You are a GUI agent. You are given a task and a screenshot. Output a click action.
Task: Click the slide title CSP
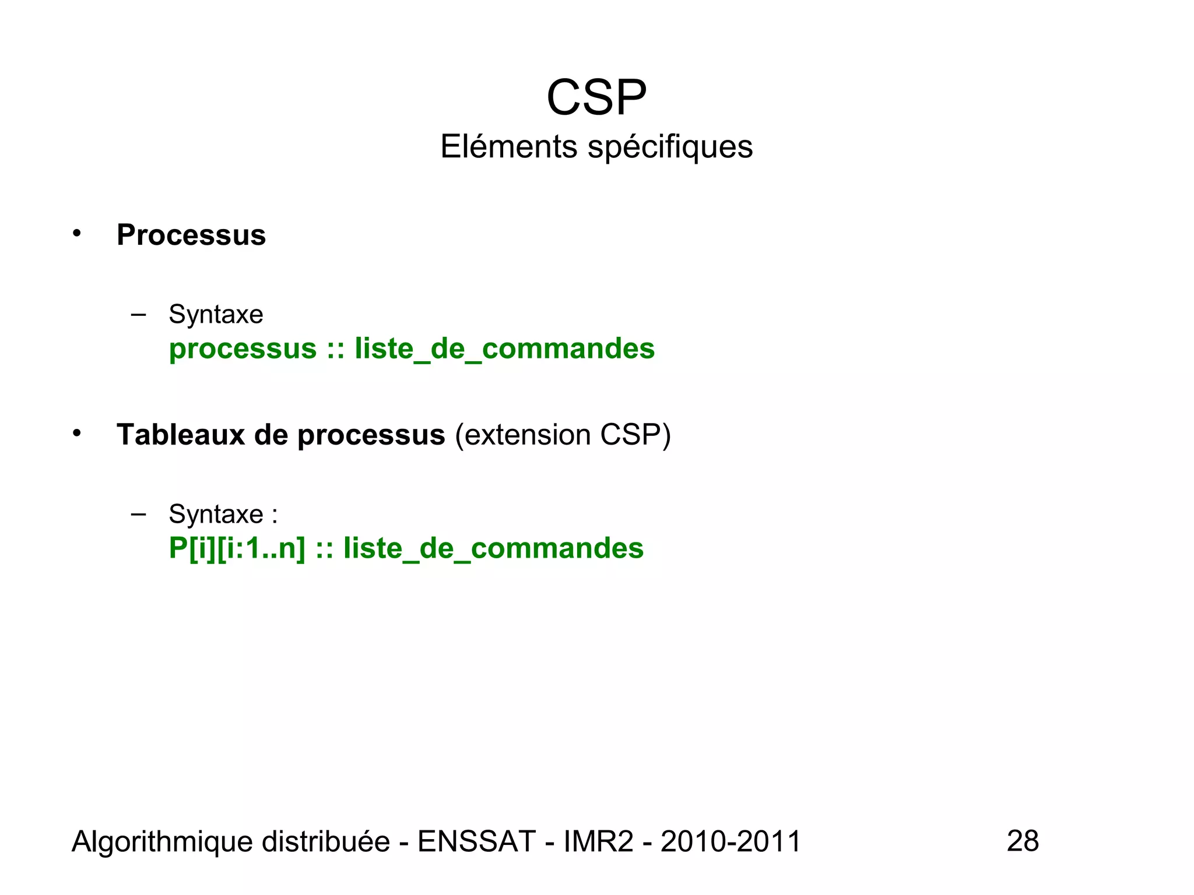(596, 97)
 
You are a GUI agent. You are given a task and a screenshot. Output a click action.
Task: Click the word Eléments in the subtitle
(508, 146)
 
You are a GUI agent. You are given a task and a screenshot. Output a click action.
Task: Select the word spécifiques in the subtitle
(670, 147)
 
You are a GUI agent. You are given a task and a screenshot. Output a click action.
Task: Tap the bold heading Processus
(191, 235)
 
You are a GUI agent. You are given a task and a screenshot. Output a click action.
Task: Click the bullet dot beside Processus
(77, 234)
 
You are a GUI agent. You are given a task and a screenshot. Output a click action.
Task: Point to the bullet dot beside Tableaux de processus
(77, 434)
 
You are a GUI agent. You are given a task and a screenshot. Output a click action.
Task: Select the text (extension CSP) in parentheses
(563, 435)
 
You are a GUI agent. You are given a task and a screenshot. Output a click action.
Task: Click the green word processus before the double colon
(243, 349)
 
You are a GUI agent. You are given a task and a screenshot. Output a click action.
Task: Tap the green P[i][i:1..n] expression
(237, 548)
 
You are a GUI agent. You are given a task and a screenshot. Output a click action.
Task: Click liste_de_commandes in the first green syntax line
(504, 349)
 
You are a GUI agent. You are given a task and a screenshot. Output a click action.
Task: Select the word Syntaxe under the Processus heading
(216, 315)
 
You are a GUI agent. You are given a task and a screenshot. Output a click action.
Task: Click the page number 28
(1023, 841)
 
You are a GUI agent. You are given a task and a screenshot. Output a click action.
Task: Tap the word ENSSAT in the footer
(476, 841)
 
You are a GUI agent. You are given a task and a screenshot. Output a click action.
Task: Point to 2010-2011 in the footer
(731, 841)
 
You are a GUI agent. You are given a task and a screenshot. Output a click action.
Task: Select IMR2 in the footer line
(598, 841)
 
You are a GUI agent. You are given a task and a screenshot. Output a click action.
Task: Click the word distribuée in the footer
(326, 841)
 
